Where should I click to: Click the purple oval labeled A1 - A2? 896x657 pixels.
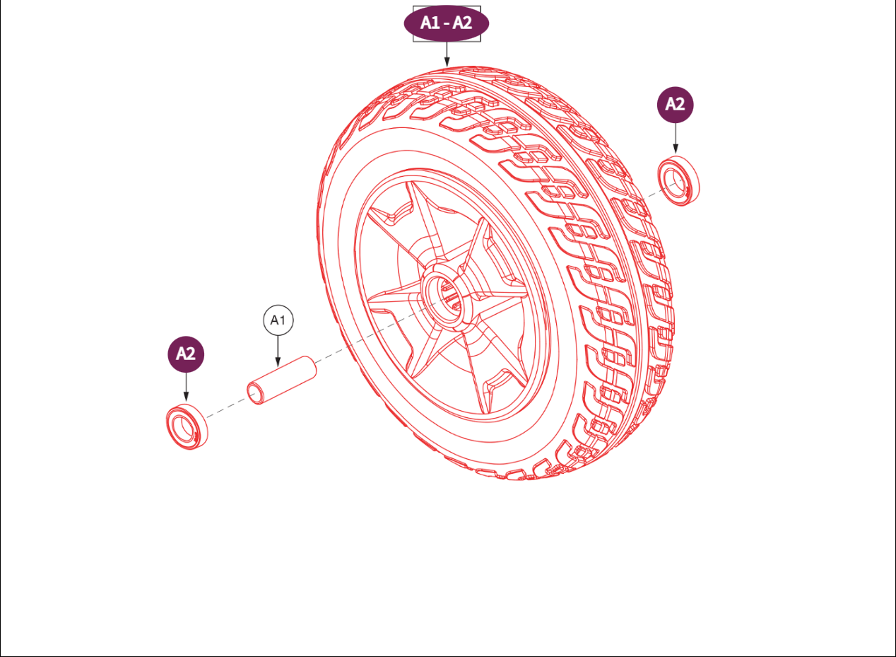pos(446,23)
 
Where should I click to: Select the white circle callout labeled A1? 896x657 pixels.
pos(278,320)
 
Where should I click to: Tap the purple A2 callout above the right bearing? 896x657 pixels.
pos(675,105)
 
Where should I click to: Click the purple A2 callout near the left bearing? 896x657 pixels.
pos(185,354)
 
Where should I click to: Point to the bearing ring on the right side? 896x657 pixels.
pos(681,183)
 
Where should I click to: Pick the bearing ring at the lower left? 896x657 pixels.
pos(187,426)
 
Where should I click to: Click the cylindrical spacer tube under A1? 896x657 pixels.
pos(281,380)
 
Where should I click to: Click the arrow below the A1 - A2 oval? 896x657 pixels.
pos(447,54)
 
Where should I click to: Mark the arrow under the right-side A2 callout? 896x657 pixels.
pos(676,138)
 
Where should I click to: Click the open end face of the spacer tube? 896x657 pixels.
pos(256,393)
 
